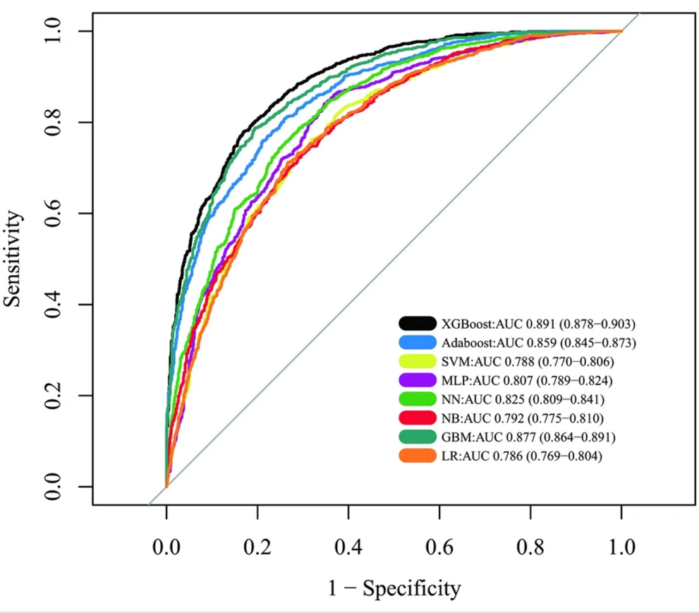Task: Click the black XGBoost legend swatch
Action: (x=417, y=324)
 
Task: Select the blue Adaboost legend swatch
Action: (x=417, y=344)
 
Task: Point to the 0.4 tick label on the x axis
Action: (x=348, y=547)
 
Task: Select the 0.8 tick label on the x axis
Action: (x=530, y=547)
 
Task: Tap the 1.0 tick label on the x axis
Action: (x=621, y=547)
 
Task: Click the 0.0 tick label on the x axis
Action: (x=166, y=547)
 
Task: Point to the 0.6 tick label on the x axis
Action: (x=439, y=547)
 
